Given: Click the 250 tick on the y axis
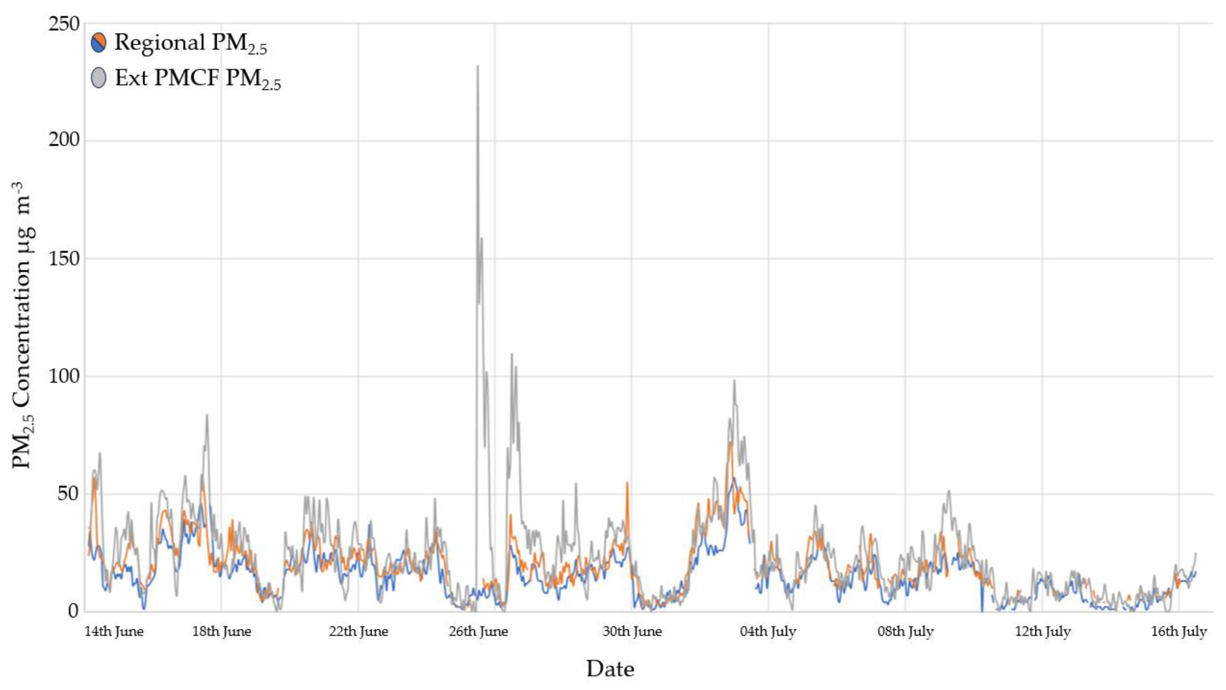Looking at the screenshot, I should click(64, 23).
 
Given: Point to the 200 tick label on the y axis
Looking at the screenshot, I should click(64, 140).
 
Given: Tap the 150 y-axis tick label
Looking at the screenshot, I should click(64, 258).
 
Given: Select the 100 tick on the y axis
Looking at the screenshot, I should click(64, 376).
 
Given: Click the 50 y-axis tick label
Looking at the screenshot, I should click(68, 494).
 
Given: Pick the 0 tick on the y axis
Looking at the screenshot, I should click(73, 611).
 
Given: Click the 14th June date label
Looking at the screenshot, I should click(114, 632).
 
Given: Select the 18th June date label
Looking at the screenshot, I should click(221, 632).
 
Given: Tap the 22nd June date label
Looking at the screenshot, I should click(359, 632).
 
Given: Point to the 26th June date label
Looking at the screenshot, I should click(478, 632).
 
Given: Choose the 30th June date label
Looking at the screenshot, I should click(632, 632).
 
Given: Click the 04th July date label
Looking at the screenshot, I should click(768, 632).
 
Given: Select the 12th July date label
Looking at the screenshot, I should click(1043, 632).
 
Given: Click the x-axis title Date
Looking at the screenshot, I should click(610, 669).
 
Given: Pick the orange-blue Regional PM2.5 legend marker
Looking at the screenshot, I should click(98, 43).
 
